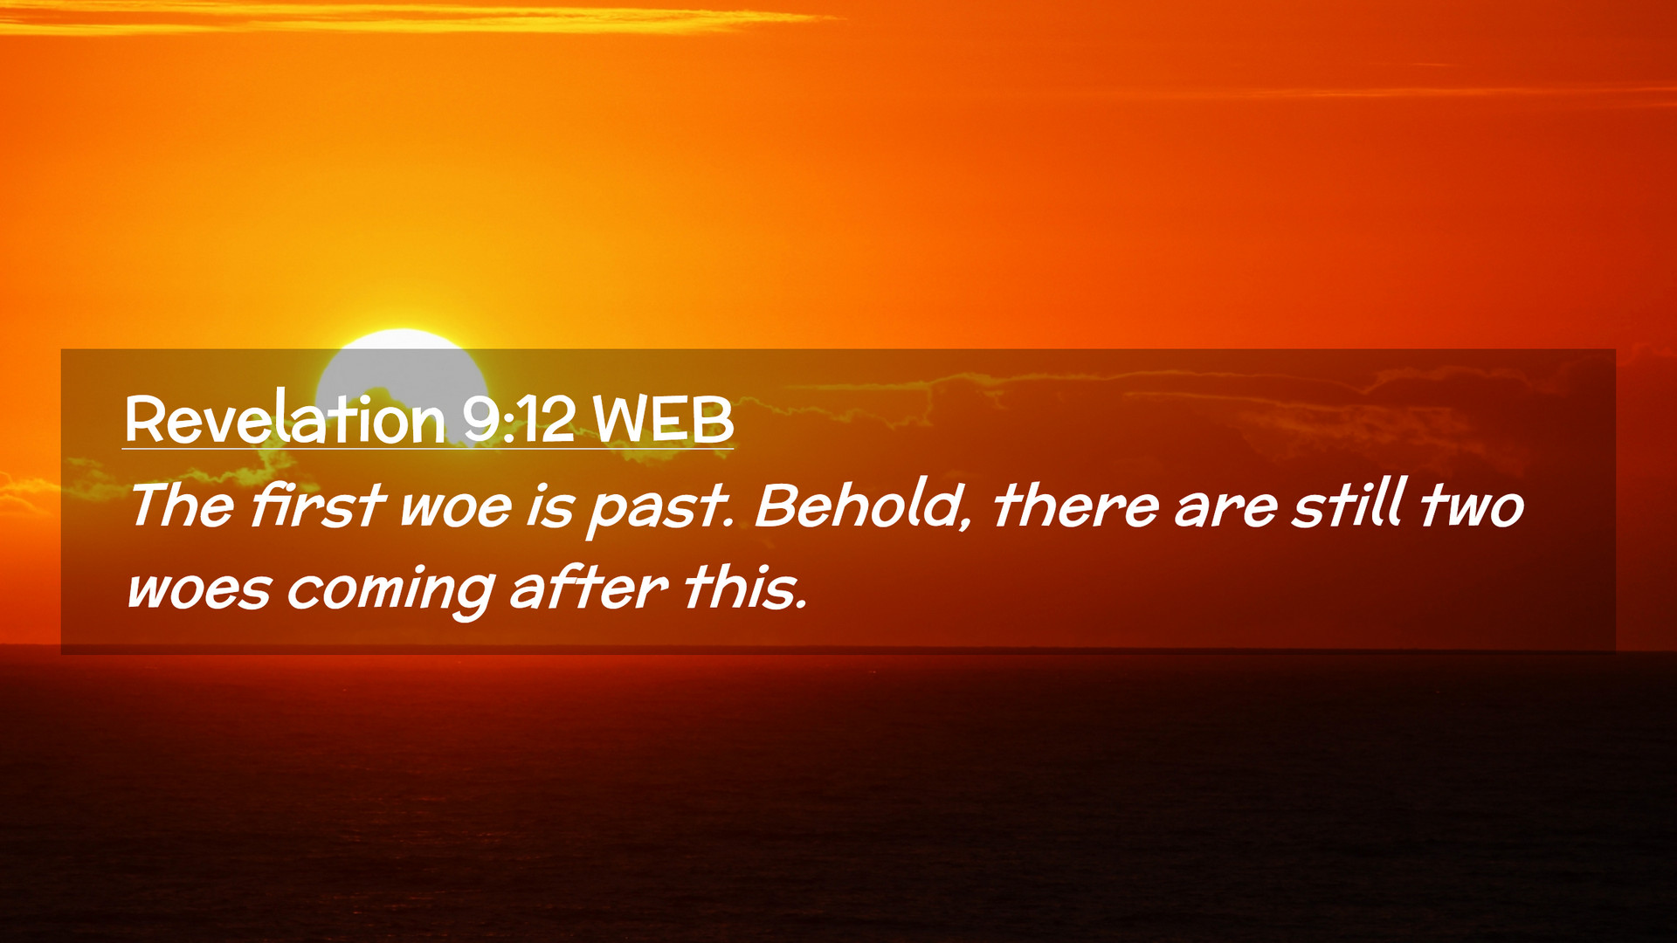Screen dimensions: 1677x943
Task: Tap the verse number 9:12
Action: (519, 420)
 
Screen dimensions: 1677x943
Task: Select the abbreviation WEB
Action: (663, 420)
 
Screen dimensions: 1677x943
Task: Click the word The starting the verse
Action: (182, 506)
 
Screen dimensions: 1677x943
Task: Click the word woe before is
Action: (455, 510)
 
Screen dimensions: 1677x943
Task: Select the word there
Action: (1076, 506)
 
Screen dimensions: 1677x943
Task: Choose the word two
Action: (1473, 507)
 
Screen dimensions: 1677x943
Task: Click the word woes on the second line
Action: (200, 591)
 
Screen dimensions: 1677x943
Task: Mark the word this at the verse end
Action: (745, 587)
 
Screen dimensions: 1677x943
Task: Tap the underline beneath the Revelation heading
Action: (428, 449)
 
